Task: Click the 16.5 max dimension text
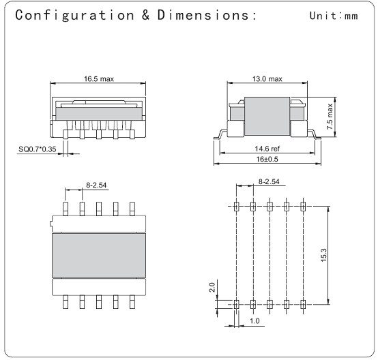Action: pos(99,79)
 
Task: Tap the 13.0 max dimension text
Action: pos(266,79)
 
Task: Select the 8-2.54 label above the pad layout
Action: pos(267,181)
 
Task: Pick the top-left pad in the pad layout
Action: pos(236,206)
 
